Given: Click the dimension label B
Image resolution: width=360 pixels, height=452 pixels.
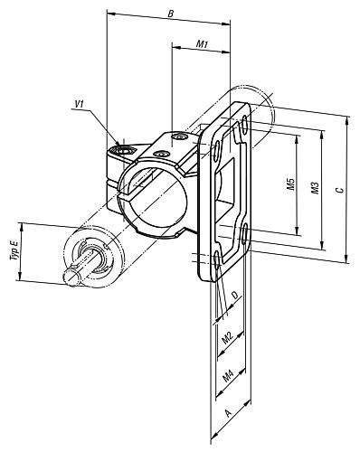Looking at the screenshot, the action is coord(171,14).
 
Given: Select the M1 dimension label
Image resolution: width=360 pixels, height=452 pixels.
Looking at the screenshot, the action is coord(203,44).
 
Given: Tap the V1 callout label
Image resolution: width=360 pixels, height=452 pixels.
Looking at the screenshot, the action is coord(79,104).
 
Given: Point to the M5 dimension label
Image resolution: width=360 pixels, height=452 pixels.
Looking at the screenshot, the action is coord(290,184).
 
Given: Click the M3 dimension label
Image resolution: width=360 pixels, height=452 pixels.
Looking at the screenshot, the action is coord(316,188).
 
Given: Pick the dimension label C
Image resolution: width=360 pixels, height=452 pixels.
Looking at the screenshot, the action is coord(340,190).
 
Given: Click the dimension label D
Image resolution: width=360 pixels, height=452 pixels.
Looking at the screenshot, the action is coord(237,295).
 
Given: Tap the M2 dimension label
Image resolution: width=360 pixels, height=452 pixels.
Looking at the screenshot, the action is coord(228,338).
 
